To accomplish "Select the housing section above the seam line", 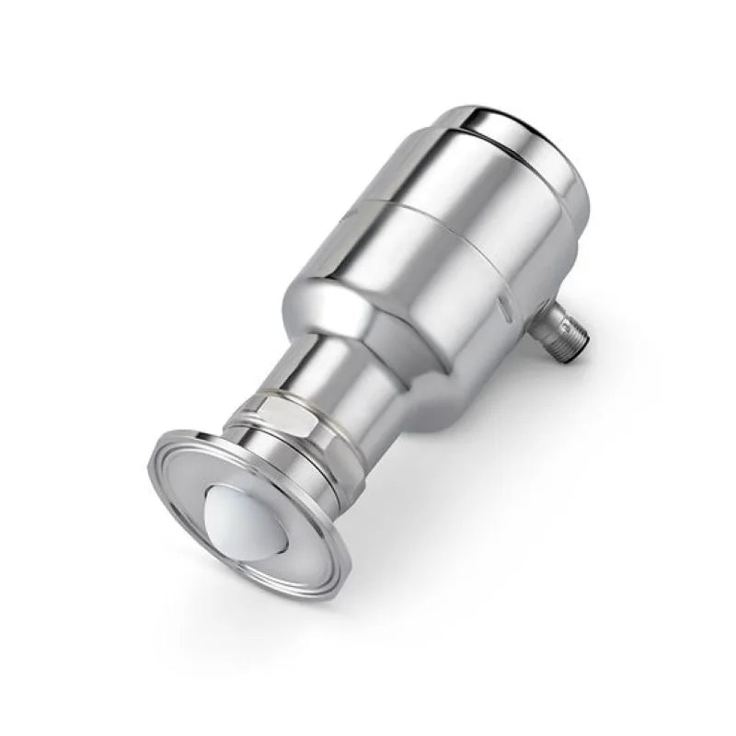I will [x=488, y=175].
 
